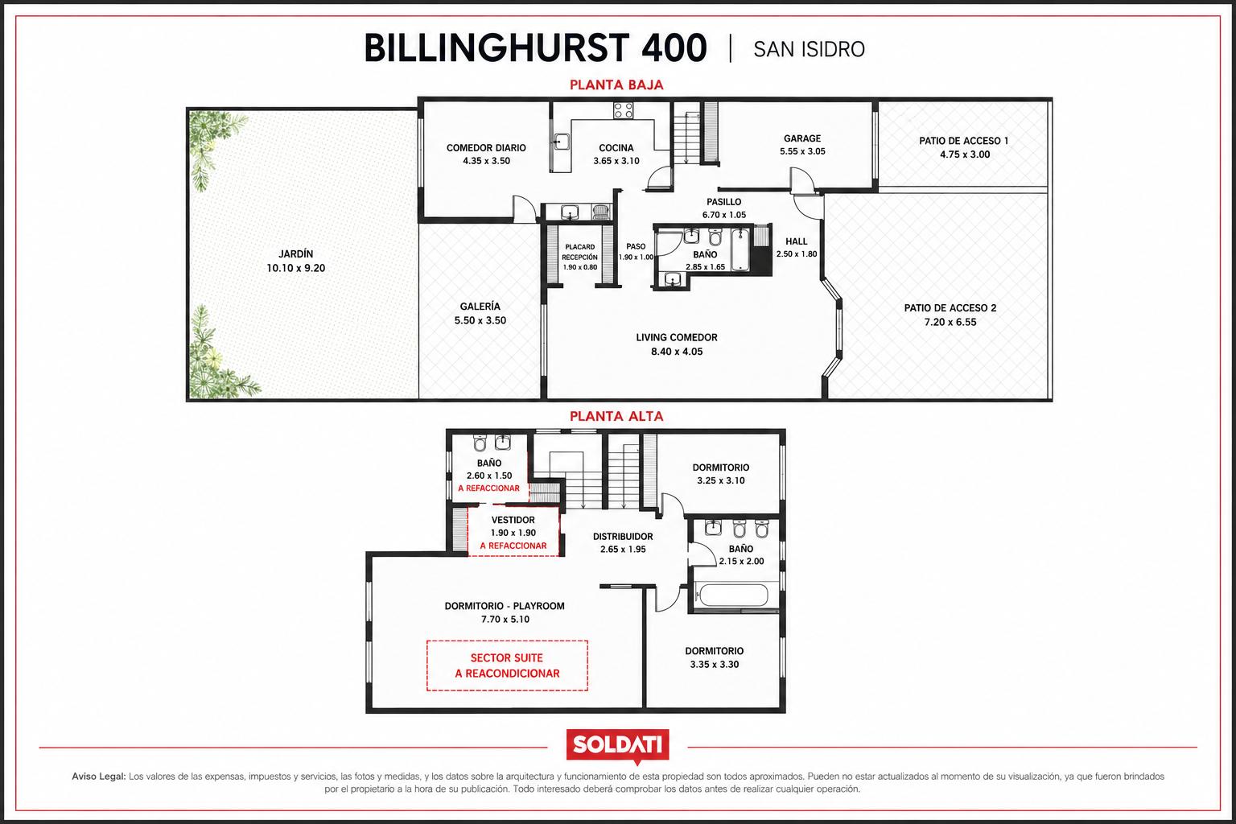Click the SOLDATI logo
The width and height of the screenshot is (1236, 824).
click(617, 746)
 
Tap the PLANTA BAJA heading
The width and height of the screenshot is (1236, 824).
click(616, 85)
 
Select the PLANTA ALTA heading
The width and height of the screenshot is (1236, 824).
click(616, 416)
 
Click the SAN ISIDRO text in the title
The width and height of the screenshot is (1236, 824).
click(809, 49)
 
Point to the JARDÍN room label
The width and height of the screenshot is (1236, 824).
click(296, 253)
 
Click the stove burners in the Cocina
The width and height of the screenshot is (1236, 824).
click(624, 110)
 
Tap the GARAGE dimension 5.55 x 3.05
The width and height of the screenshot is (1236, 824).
click(802, 151)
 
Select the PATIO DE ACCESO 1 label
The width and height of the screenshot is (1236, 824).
click(963, 141)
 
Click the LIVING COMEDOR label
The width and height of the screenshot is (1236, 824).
click(677, 337)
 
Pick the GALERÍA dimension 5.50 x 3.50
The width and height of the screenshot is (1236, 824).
click(480, 320)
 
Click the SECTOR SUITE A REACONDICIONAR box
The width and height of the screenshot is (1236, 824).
click(507, 665)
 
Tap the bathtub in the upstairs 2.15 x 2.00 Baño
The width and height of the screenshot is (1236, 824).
click(733, 595)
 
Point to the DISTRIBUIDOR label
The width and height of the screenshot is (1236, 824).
click(623, 536)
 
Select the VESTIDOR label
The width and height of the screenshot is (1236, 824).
click(513, 520)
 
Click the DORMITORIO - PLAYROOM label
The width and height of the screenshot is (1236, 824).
click(505, 605)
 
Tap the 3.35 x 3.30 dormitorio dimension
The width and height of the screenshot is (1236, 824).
click(714, 665)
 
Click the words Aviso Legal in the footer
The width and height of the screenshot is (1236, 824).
click(99, 776)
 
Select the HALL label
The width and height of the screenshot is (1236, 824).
click(796, 241)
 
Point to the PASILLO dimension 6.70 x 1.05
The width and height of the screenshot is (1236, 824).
click(724, 215)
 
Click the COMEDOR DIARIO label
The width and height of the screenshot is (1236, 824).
click(486, 148)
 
